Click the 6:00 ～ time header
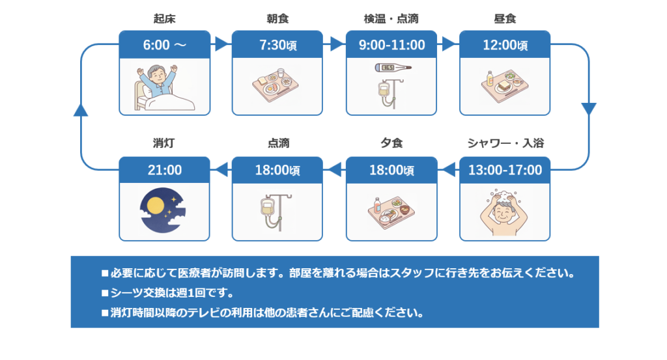pyautogui.click(x=165, y=45)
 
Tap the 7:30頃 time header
pyautogui.click(x=278, y=45)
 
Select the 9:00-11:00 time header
pyautogui.click(x=391, y=45)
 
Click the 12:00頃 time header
pyautogui.click(x=505, y=45)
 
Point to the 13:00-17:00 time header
pyautogui.click(x=505, y=171)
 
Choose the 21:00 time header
pyautogui.click(x=165, y=171)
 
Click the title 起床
pyautogui.click(x=165, y=18)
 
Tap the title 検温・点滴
pyautogui.click(x=391, y=18)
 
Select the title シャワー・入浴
pyautogui.click(x=505, y=143)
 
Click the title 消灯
pyautogui.click(x=165, y=143)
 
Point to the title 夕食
pyautogui.click(x=391, y=143)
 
